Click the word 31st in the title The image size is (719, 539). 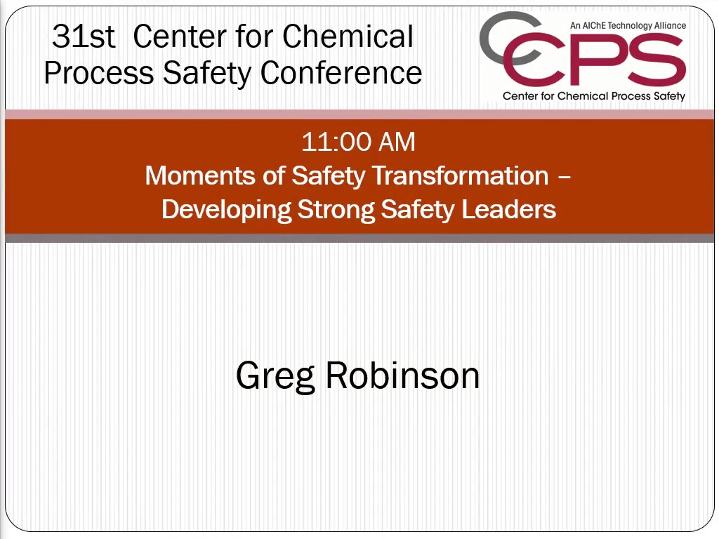point(83,36)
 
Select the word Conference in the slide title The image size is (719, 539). point(341,73)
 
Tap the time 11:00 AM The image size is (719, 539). point(358,142)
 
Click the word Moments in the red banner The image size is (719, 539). point(200,175)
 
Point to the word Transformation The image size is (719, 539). point(461,175)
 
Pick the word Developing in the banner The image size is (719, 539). point(227,211)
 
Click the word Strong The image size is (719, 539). point(336,211)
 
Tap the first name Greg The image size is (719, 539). point(275,377)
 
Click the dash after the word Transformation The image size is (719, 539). point(565,176)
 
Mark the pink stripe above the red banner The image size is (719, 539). point(359,114)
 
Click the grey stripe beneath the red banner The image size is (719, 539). point(359,239)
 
